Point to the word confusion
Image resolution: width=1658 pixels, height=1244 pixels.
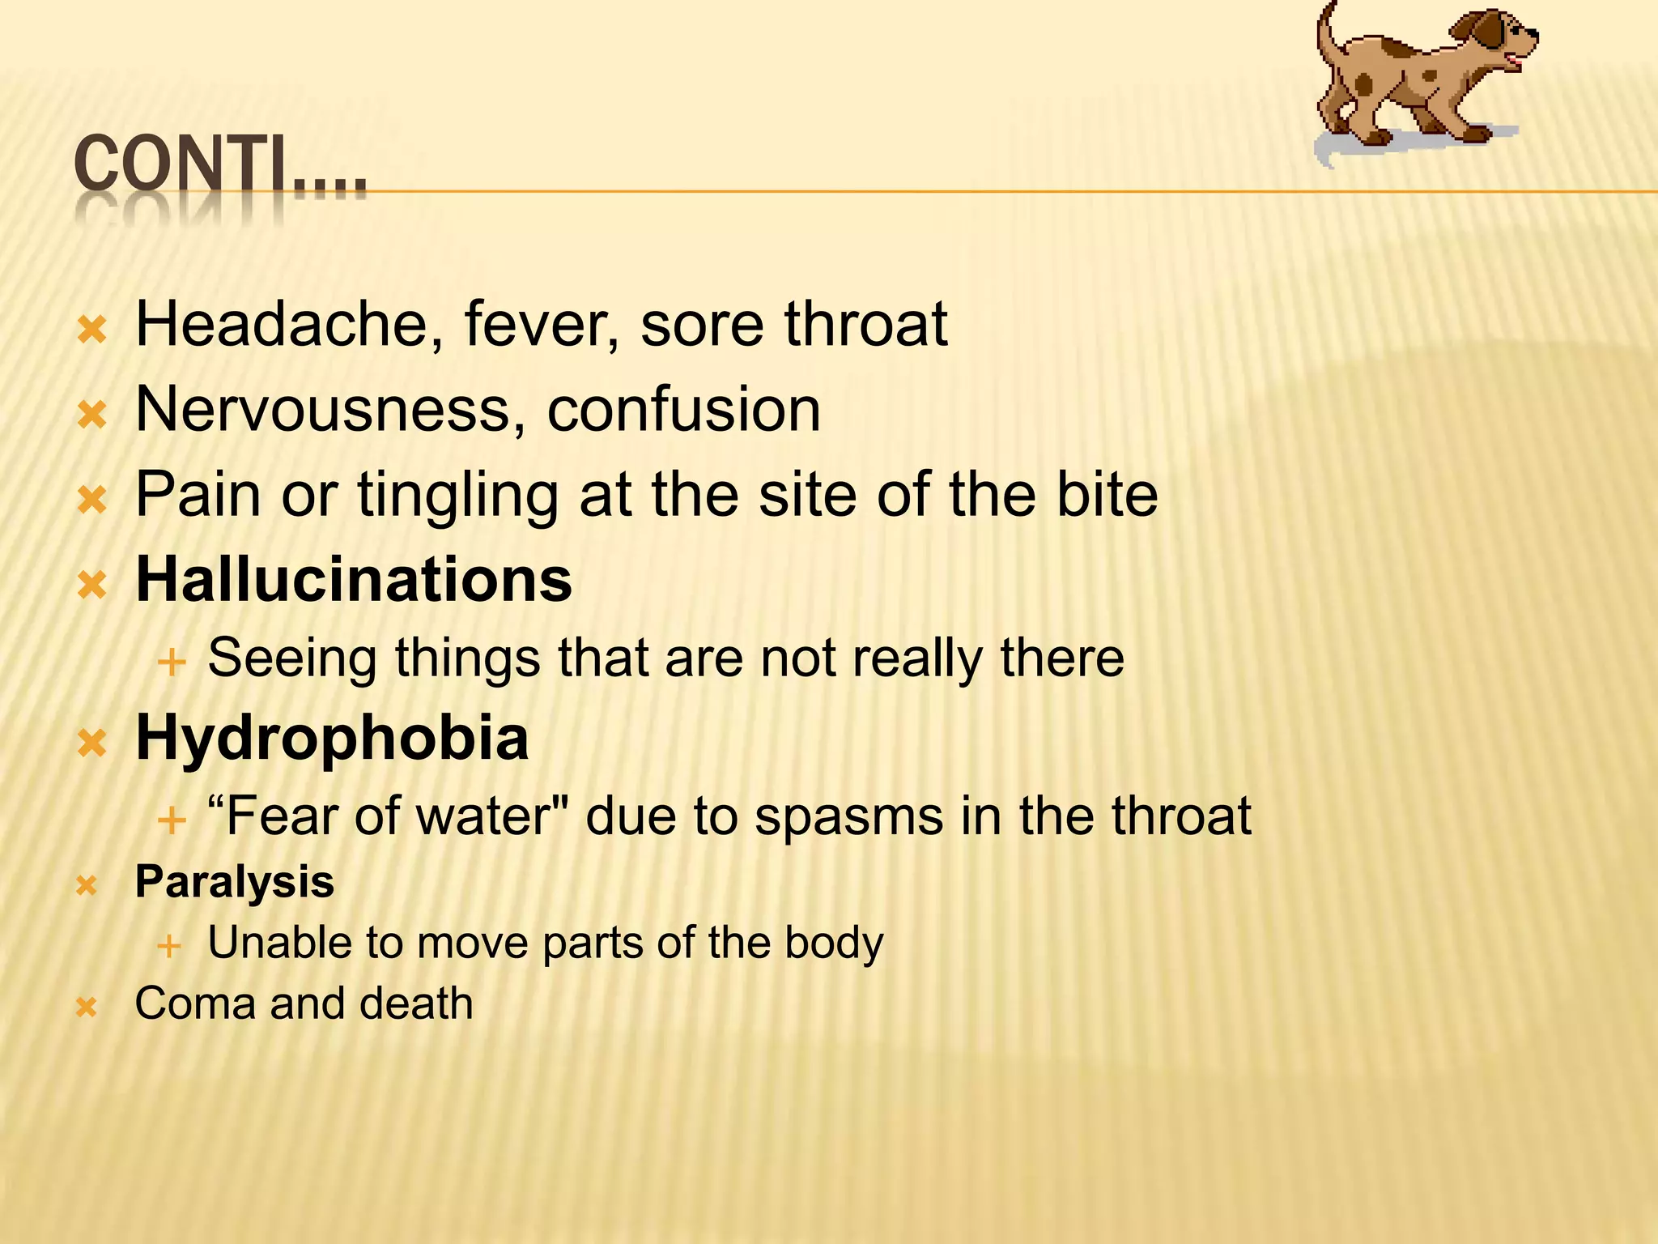683,409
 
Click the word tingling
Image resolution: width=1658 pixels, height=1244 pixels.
457,496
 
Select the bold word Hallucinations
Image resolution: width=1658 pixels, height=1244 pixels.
354,580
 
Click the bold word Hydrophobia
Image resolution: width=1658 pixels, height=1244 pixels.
332,739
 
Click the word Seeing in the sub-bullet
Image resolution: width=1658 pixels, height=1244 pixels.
292,658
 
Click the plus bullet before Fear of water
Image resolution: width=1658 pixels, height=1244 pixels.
172,820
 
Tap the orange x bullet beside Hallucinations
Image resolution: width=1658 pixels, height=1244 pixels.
92,584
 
